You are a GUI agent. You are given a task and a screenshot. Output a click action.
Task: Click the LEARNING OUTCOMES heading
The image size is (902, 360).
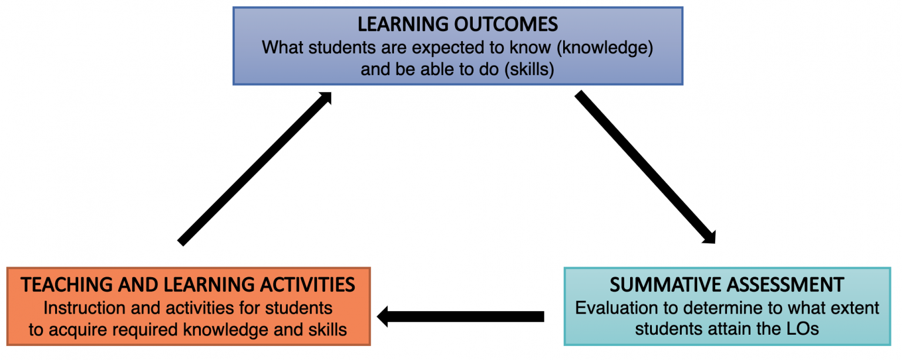pyautogui.click(x=457, y=25)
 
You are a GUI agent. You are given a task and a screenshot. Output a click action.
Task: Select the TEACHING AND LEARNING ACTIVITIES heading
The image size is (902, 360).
pyautogui.click(x=188, y=285)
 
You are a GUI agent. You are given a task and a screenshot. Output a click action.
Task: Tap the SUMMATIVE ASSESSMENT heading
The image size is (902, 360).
pyautogui.click(x=726, y=285)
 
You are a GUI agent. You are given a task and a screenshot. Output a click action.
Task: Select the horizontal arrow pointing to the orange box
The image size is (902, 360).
pyautogui.click(x=460, y=317)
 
